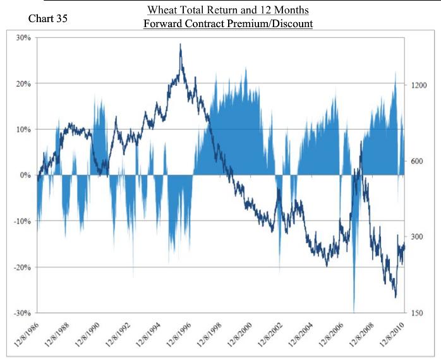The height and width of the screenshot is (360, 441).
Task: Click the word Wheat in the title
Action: (161, 11)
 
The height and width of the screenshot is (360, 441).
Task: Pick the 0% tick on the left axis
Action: (26, 175)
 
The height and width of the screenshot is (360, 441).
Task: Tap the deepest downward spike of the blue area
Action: (354, 311)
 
